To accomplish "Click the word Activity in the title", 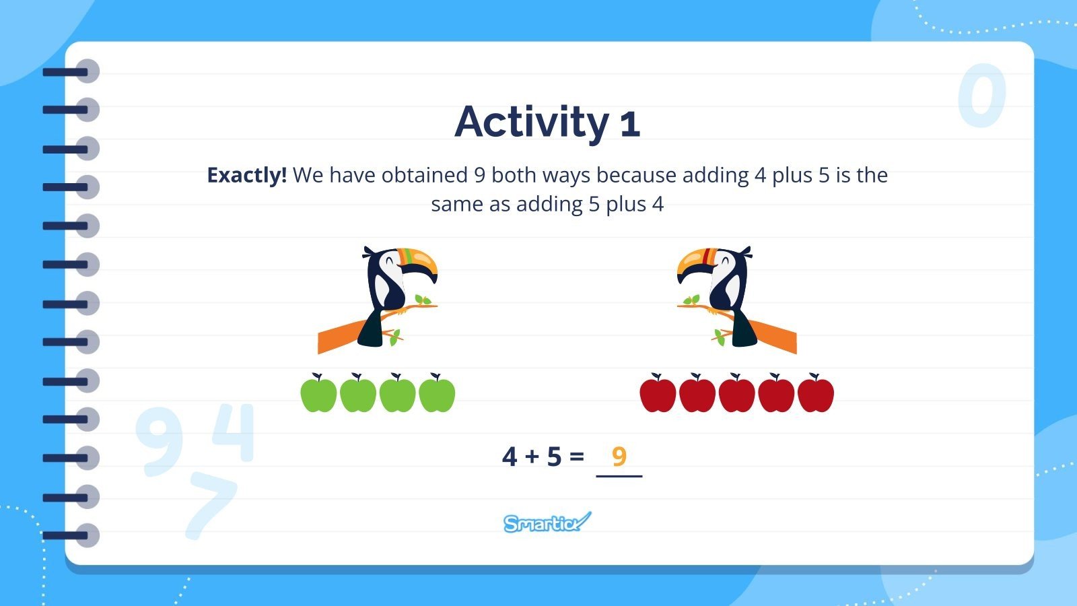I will click(532, 123).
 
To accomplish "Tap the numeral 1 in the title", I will click(629, 125).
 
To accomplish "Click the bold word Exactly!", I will click(246, 175).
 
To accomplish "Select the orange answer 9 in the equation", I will click(619, 456).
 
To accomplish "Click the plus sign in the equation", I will click(532, 457).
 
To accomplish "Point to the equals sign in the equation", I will click(576, 457).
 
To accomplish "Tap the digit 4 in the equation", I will click(510, 457).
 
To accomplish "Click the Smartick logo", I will click(547, 523).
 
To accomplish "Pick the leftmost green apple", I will click(318, 393).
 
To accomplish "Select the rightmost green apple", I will click(437, 393).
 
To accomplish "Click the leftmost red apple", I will click(658, 394).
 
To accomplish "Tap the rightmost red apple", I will click(815, 394).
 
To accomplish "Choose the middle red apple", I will click(736, 394).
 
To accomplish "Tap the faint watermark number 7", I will click(210, 504).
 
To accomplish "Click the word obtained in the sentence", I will click(425, 175).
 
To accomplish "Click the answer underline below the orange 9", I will click(619, 476).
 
